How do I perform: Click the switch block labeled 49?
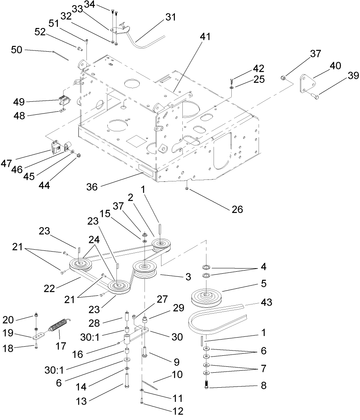click(x=64, y=101)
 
